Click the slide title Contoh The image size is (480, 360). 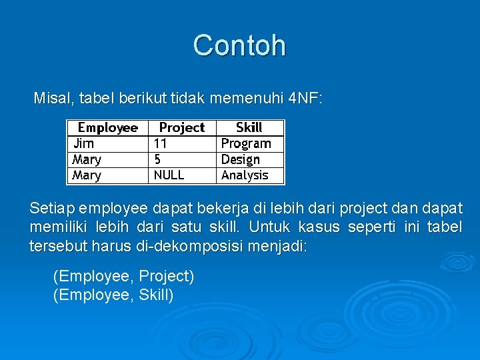click(239, 45)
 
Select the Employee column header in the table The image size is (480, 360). click(107, 127)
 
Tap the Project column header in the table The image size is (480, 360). click(181, 127)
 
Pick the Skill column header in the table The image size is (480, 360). click(249, 127)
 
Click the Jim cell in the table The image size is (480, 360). click(84, 143)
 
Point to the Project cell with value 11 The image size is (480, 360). click(161, 143)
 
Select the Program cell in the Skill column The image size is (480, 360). click(246, 143)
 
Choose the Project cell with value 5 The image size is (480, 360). click(157, 159)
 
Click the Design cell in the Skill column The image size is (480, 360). click(241, 159)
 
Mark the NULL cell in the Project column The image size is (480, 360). click(169, 175)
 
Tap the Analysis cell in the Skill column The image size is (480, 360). click(245, 175)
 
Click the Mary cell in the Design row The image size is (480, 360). click(87, 159)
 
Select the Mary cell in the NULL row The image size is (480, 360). click(87, 175)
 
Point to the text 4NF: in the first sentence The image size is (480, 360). click(306, 99)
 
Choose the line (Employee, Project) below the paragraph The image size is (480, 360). click(123, 276)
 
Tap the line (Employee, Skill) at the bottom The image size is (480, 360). click(113, 295)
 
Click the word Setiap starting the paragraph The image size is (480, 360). click(52, 208)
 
